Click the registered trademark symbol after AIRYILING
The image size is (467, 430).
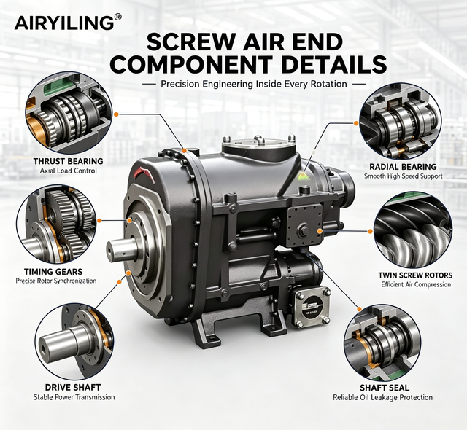[x=117, y=17]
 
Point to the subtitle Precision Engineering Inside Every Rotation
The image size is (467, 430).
[x=254, y=84]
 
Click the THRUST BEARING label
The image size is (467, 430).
[x=68, y=161]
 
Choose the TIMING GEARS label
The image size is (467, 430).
[x=53, y=272]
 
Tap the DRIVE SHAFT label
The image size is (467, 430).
[x=73, y=387]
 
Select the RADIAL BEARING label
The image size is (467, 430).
[x=403, y=166]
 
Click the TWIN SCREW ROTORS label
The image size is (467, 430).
[x=415, y=275]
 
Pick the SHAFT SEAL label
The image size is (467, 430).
[x=385, y=388]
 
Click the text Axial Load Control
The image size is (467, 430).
[x=68, y=171]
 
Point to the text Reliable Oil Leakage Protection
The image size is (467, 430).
[x=382, y=397]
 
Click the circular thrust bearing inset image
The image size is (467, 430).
[x=69, y=113]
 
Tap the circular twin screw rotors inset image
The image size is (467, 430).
[x=413, y=231]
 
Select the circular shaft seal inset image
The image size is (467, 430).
[x=382, y=342]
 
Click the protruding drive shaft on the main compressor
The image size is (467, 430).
[x=122, y=251]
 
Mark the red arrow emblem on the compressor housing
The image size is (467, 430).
[x=146, y=173]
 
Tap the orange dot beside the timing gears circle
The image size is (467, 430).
[x=99, y=220]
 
